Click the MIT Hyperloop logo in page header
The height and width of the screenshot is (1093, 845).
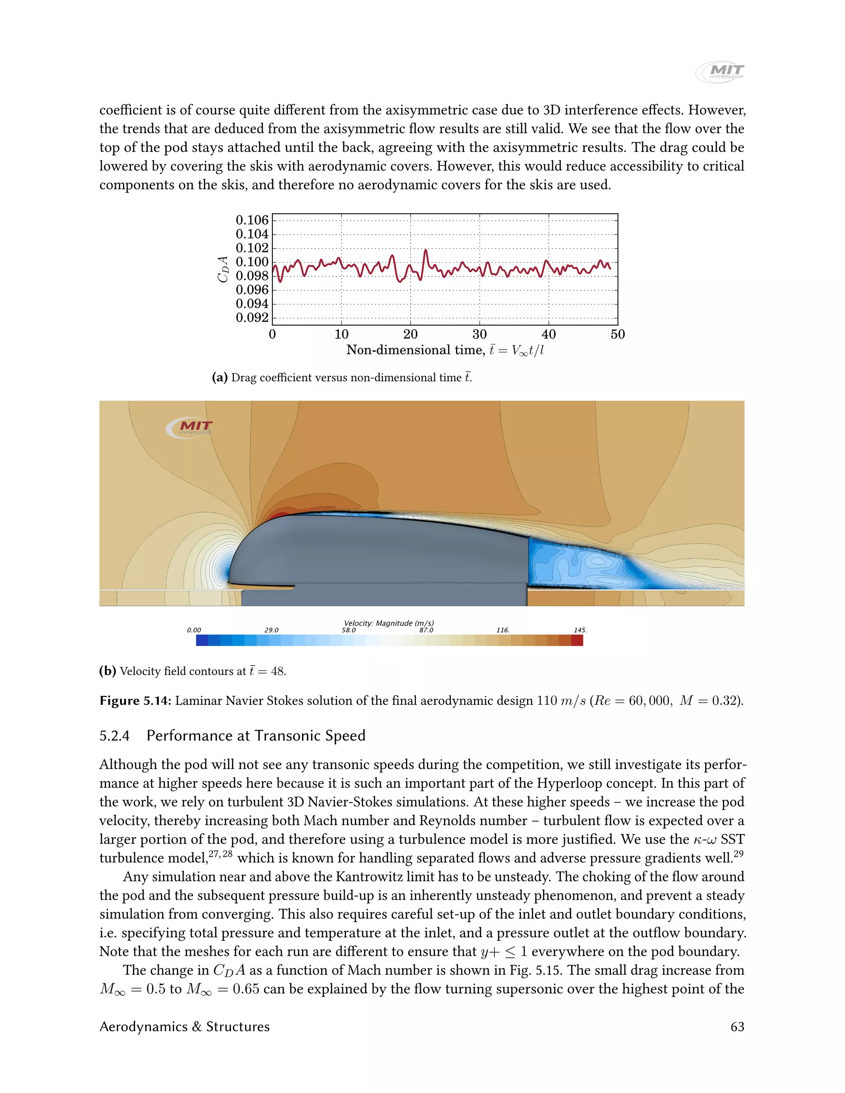pyautogui.click(x=720, y=72)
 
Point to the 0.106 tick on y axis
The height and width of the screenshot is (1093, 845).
pyautogui.click(x=252, y=220)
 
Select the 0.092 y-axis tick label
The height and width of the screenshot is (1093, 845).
pyautogui.click(x=252, y=318)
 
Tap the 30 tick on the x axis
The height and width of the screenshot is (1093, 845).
pyautogui.click(x=479, y=334)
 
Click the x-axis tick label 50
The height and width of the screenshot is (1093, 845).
pyautogui.click(x=617, y=334)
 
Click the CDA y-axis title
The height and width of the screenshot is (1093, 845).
pyautogui.click(x=223, y=269)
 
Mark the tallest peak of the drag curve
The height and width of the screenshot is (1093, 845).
pyautogui.click(x=425, y=250)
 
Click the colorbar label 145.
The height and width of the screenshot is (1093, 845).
pyautogui.click(x=580, y=630)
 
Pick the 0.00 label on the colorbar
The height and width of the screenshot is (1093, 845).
pyautogui.click(x=194, y=630)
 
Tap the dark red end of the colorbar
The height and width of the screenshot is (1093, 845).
pyautogui.click(x=577, y=640)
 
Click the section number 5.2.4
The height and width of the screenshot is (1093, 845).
pyautogui.click(x=114, y=736)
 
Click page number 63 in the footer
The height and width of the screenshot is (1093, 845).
pyautogui.click(x=737, y=1027)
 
